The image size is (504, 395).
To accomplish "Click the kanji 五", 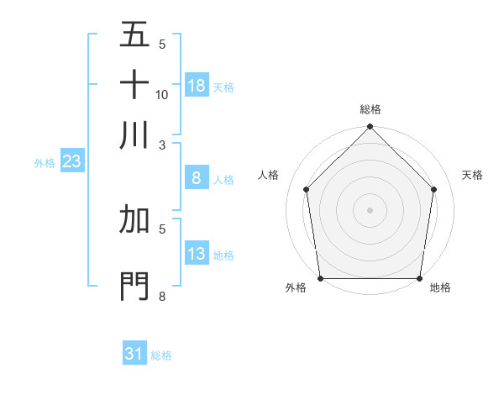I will [x=134, y=35].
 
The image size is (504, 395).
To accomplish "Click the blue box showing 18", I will [x=197, y=85].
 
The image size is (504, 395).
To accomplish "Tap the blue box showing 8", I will [x=197, y=178].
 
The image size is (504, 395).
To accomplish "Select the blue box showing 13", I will [x=197, y=254].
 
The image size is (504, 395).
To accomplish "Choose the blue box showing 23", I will [x=71, y=162].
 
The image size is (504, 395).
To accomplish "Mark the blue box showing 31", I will [x=134, y=354].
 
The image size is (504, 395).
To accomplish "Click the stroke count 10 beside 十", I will [x=162, y=95].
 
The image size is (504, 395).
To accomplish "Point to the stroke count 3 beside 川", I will [x=162, y=145].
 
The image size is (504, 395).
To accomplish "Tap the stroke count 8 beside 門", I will [x=162, y=297].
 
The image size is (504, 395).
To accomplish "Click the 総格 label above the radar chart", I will [x=370, y=110].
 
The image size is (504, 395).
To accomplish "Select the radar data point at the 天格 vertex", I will [x=434, y=189].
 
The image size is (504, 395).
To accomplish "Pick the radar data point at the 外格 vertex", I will [x=320, y=278].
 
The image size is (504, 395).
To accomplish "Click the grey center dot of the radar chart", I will [x=370, y=209].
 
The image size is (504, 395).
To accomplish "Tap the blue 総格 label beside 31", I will [x=161, y=355].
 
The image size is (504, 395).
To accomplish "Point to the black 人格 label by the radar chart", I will [x=269, y=175].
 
